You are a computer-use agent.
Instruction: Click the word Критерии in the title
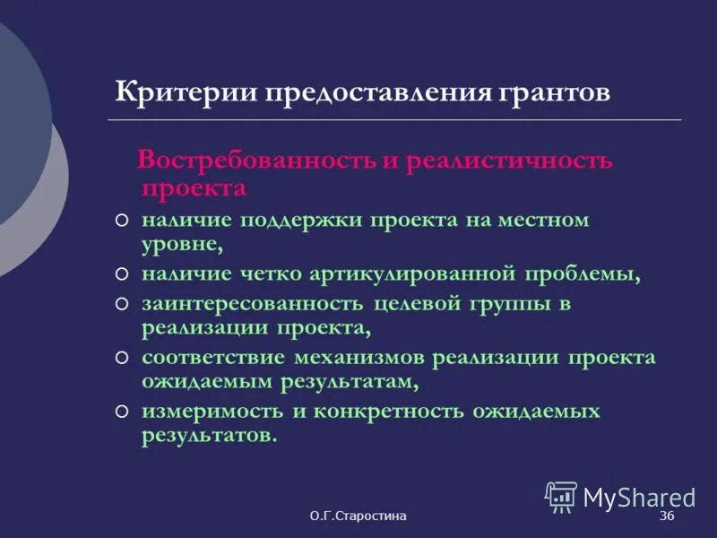(x=174, y=93)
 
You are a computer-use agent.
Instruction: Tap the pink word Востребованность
(x=257, y=161)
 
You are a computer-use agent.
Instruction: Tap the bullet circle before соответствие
(x=122, y=358)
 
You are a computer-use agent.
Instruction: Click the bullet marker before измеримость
(x=122, y=412)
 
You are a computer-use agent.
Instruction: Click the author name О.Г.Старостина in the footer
(x=358, y=517)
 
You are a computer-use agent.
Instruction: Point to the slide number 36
(x=667, y=517)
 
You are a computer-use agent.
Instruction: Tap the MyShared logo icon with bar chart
(x=561, y=496)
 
